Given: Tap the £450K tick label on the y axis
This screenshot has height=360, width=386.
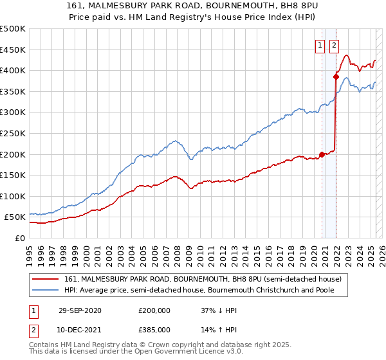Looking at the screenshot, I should tap(13, 50).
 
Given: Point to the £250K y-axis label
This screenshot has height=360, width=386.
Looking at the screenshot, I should tap(13, 133).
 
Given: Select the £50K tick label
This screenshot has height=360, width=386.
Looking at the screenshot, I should tap(15, 217).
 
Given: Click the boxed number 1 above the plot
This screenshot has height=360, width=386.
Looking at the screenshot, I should tap(320, 45).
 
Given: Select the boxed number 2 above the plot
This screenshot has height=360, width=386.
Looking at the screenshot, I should tap(335, 45).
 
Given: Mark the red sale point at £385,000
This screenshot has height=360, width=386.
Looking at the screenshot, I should tap(336, 76).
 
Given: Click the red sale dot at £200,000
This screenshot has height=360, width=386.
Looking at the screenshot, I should tap(322, 154).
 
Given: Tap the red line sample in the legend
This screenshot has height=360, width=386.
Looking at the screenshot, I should tap(46, 278).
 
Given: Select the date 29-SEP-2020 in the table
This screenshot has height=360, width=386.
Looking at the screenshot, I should tap(79, 310).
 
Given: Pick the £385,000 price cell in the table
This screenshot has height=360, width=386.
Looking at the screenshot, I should tap(154, 329).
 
